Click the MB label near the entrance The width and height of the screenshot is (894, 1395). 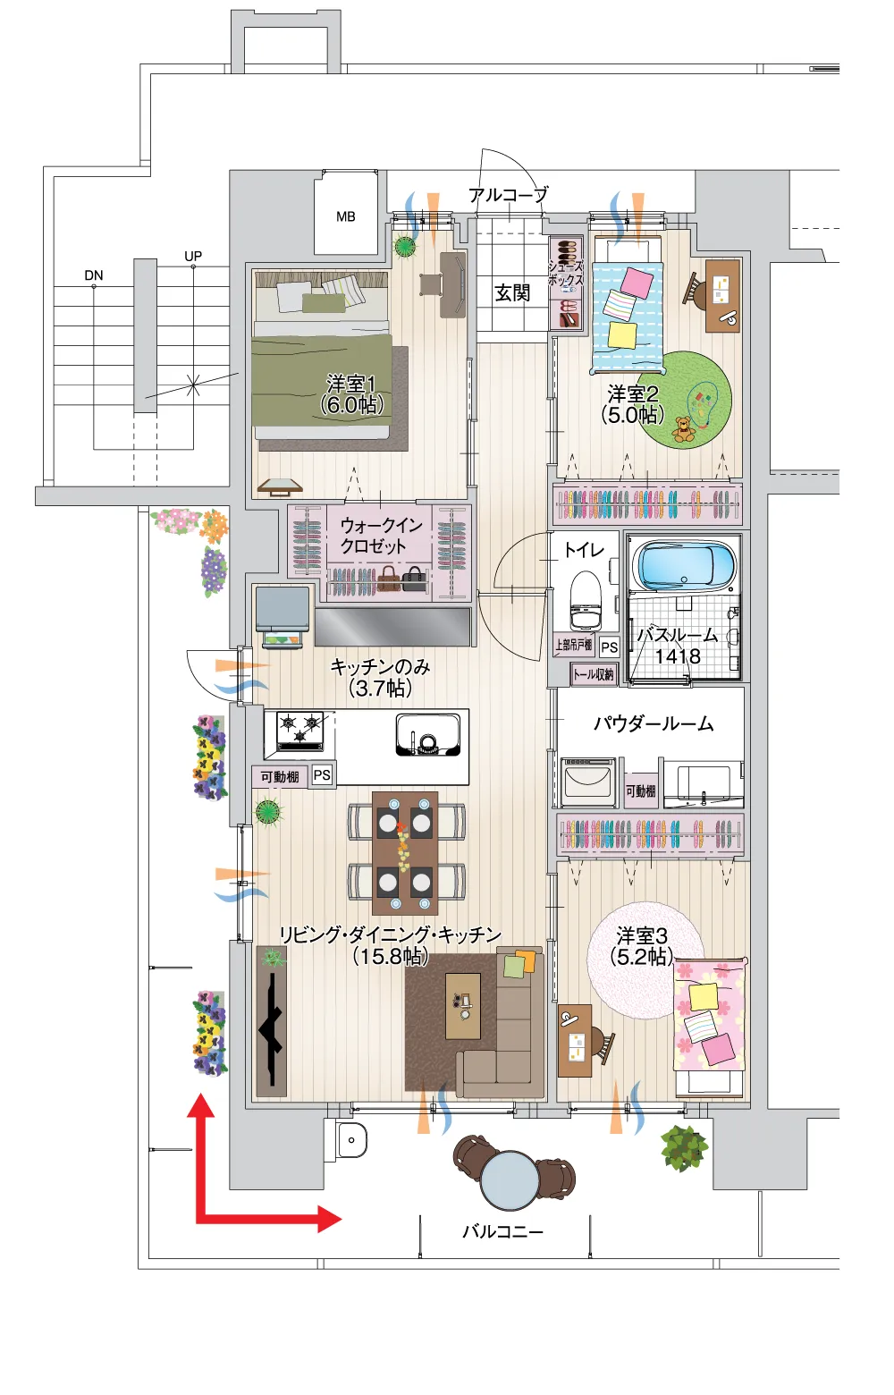click(x=345, y=216)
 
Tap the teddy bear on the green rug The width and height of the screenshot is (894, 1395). click(x=684, y=429)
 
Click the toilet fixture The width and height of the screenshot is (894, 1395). click(x=586, y=602)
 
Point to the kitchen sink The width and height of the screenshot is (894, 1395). click(x=427, y=735)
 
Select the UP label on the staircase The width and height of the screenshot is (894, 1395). click(x=193, y=256)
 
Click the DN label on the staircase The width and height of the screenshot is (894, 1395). click(x=93, y=275)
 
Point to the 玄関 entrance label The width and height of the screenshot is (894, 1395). click(x=511, y=292)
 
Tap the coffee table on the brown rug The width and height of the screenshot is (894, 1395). click(x=463, y=1006)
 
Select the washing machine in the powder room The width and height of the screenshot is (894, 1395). click(x=587, y=782)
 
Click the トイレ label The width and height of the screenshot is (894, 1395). click(x=584, y=549)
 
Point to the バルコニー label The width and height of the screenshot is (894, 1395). click(x=502, y=1231)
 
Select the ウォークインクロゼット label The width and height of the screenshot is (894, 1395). click(x=381, y=536)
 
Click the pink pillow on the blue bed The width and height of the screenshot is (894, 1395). click(x=637, y=282)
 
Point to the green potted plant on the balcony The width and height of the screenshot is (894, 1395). click(x=684, y=1148)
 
